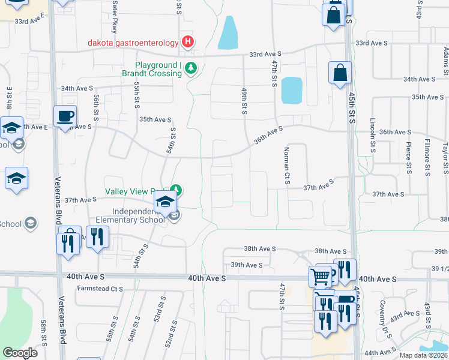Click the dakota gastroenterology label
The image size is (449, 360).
point(133,43)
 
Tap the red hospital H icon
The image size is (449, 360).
point(188,42)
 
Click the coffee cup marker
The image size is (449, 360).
point(65,116)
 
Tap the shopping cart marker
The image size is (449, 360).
point(320,277)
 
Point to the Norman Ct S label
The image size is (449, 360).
point(287,165)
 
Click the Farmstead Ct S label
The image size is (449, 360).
point(100,289)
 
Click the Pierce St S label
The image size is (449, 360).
point(408,154)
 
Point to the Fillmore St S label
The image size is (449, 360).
point(427,154)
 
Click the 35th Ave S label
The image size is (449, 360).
point(156,119)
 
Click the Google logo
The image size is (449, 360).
point(20,352)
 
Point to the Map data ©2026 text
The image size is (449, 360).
point(424,355)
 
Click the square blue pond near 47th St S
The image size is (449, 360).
point(291,90)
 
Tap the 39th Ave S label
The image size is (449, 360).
point(247,265)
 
